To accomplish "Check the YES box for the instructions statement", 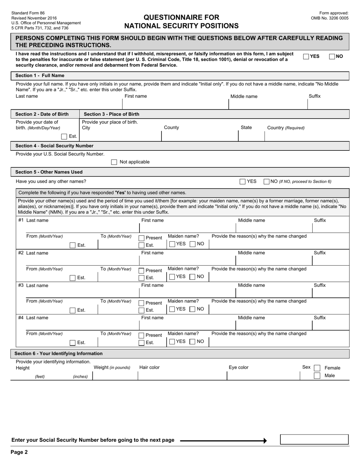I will [306, 56].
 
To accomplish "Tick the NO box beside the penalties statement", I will [332, 56].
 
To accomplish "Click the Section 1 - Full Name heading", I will [40, 75].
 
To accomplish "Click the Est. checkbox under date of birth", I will [64, 136].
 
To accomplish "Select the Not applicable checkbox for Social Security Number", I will [114, 162].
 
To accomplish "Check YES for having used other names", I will [243, 181].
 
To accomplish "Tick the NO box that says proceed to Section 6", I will [266, 181].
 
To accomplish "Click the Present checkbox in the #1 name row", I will [141, 238].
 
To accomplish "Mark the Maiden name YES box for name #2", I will [172, 277].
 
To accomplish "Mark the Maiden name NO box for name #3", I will [193, 309].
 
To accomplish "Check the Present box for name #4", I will [141, 335].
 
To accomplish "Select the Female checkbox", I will [317, 368].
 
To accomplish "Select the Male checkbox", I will [317, 376].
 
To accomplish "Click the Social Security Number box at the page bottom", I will [314, 439].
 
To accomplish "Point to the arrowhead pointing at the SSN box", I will [265, 441].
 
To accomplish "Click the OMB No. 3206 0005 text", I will [329, 18].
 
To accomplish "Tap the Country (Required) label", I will [286, 128].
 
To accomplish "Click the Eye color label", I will [238, 367].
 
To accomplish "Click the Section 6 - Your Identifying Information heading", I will [58, 353].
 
